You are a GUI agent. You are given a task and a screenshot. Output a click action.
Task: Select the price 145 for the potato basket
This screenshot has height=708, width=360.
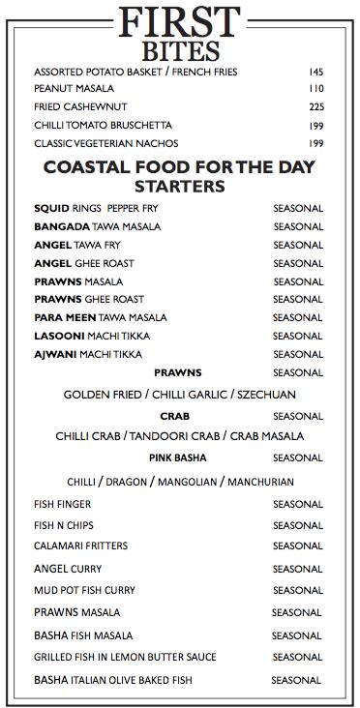click(315, 73)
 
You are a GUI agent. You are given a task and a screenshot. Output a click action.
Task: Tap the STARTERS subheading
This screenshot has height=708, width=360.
click(179, 185)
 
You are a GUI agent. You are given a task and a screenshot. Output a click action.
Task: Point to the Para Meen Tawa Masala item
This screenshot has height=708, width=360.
click(100, 317)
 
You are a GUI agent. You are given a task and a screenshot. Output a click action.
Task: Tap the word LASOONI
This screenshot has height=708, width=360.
click(59, 336)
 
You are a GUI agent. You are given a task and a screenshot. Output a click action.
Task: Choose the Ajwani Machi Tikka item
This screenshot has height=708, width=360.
click(87, 354)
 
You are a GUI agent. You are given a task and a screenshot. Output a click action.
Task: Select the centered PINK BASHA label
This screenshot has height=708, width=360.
click(177, 457)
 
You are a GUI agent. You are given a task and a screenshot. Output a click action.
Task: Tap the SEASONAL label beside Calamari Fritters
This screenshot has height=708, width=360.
click(297, 546)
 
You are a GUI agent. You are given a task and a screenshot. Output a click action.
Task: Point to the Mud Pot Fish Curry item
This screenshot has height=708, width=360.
click(84, 590)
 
